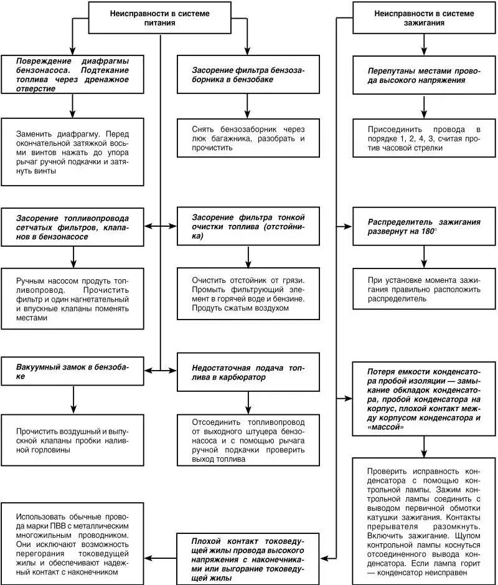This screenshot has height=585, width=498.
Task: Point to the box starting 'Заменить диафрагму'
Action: (x=72, y=152)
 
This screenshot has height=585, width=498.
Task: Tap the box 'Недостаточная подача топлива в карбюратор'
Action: (x=248, y=372)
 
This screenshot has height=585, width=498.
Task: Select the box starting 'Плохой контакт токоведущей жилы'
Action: (x=248, y=557)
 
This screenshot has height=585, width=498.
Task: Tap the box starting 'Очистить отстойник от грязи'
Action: (x=248, y=293)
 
